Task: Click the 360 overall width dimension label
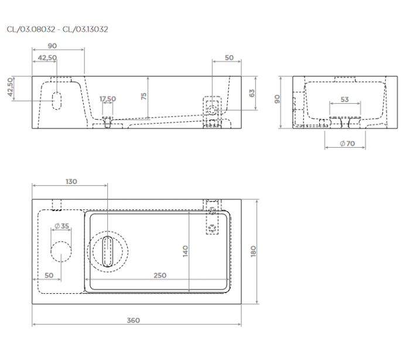[x=134, y=320]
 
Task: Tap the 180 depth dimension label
[x=253, y=252]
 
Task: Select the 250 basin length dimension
[x=160, y=275]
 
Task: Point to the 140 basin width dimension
[x=185, y=251]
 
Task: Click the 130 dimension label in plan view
[x=71, y=181]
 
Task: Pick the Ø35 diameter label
[x=61, y=226]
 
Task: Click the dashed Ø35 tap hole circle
[x=61, y=252]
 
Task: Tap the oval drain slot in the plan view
[x=107, y=252]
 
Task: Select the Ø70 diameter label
[x=347, y=143]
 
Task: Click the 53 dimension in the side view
[x=344, y=100]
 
